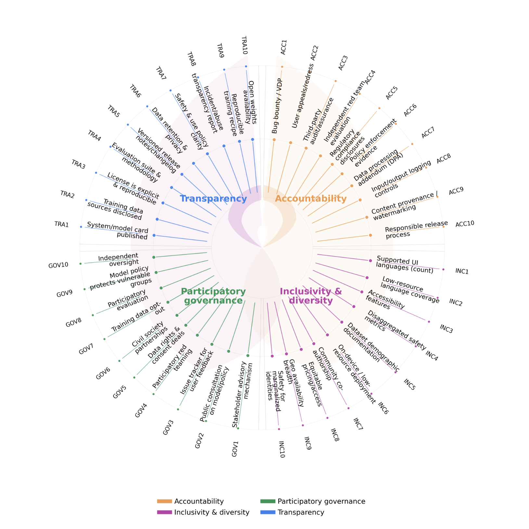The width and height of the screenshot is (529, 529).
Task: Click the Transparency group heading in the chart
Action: point(213,199)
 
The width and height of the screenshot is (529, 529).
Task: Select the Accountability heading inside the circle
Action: point(311,199)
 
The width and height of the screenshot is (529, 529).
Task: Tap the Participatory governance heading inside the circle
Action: point(213,296)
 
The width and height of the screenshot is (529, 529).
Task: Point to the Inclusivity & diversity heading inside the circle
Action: point(311,296)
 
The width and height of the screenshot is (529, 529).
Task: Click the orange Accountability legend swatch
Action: point(164,501)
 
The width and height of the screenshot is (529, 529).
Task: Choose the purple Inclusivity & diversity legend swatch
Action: point(164,512)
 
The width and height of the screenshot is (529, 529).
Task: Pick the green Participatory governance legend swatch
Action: point(268,501)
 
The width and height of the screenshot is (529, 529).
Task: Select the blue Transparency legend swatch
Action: point(268,512)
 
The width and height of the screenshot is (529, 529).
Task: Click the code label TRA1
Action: point(61,224)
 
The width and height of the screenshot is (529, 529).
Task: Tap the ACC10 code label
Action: point(465,224)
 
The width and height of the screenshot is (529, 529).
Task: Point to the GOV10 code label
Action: point(58,265)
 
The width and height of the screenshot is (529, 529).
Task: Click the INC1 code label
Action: point(462,271)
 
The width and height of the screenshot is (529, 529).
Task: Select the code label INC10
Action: point(282,449)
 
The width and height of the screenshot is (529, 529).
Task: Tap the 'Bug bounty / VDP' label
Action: point(277,106)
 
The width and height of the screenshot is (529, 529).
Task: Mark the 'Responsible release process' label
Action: point(416,229)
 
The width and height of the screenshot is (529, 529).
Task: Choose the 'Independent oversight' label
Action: point(119,260)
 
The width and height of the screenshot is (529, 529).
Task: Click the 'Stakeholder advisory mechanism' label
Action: point(242,394)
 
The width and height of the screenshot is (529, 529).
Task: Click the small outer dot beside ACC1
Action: point(282,67)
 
